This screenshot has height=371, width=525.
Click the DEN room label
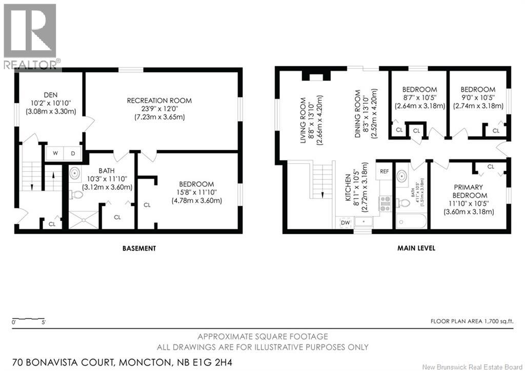tap(50, 94)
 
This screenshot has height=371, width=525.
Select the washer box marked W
tap(55, 153)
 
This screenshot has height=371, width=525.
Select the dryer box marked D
tap(72, 153)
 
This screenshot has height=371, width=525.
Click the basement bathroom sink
tap(75, 173)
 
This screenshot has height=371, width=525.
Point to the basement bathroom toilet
tap(76, 194)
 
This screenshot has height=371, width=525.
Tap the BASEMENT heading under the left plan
tap(139, 248)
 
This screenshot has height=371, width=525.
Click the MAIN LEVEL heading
tap(416, 248)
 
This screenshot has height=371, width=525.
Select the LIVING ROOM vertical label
tap(304, 122)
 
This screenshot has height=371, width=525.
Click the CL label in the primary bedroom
tap(491, 167)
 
